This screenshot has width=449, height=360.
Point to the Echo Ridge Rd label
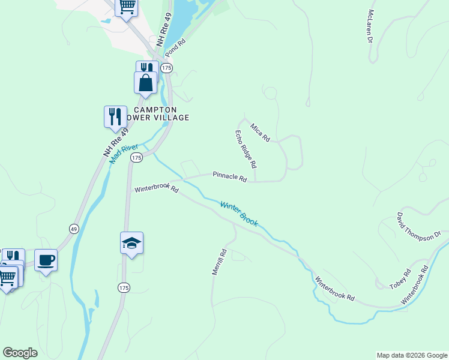246,149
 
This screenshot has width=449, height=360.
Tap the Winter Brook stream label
239,214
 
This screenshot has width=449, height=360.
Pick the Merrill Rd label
218,262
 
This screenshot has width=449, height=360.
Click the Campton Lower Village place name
155,113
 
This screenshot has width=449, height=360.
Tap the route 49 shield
74,229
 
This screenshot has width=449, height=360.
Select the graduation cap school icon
131,242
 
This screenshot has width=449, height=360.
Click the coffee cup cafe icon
46,260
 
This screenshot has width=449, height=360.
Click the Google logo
20,353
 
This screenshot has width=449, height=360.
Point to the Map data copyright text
411,355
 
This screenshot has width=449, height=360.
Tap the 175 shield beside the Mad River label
137,157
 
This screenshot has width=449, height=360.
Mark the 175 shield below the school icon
124,288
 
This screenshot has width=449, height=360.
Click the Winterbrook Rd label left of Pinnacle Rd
157,189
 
